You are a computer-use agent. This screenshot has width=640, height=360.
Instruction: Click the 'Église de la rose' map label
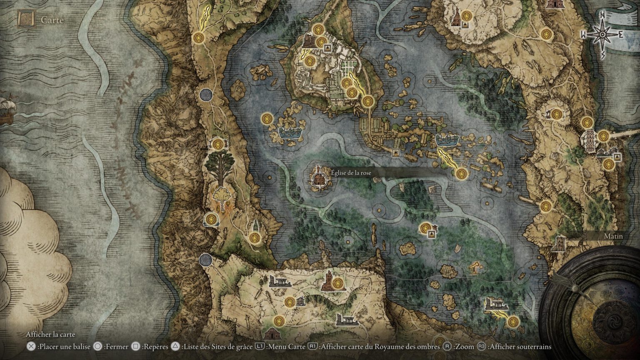pos(351,173)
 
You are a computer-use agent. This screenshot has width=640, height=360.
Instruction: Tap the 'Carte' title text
pos(52,20)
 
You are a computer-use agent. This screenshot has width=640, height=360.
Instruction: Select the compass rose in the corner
pos(602,34)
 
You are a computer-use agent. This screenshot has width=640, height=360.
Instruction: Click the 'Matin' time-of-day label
pos(613,236)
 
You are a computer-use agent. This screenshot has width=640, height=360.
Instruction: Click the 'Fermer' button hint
pos(112,347)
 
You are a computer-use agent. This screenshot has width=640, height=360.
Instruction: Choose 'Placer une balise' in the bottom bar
pos(59,347)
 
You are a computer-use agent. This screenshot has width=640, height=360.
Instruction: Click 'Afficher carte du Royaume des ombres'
pos(375,347)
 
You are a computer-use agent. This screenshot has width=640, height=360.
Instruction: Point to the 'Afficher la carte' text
pos(50,335)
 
